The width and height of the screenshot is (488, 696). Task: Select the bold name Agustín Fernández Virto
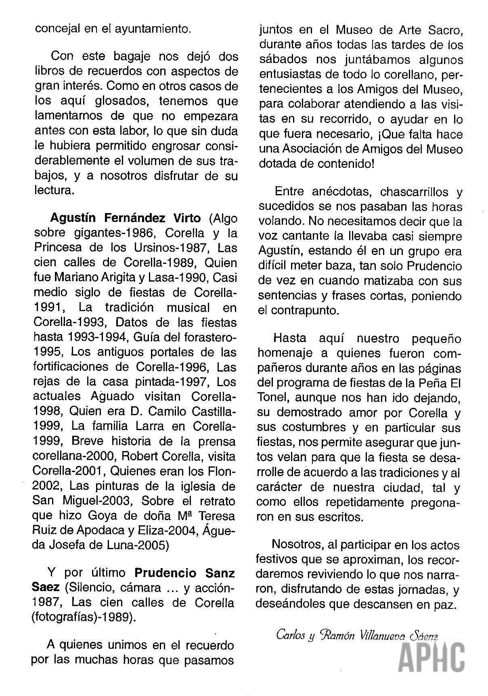[x=125, y=218]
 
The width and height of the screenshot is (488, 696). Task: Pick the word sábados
[x=284, y=60]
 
